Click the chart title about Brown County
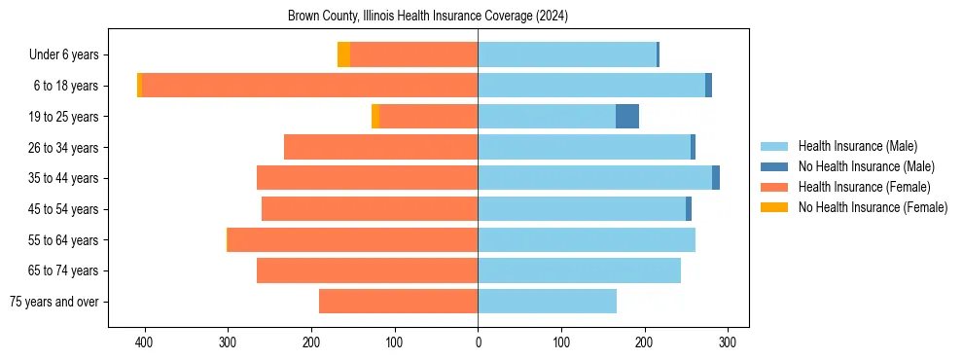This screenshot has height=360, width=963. pos(428,17)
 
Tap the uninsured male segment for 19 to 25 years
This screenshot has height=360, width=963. pos(627,117)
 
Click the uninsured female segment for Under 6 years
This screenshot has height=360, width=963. pos(343,54)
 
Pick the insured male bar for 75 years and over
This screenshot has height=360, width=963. pos(547,302)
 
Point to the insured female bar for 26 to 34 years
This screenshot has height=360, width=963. pos(352,147)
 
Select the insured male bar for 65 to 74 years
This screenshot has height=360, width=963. pos(579,270)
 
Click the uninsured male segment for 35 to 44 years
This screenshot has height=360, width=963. pos(716,178)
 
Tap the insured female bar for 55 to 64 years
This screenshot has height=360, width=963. pos(352,239)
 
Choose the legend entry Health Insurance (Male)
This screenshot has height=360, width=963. pos(857,146)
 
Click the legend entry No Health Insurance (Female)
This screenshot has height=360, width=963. pos(873,207)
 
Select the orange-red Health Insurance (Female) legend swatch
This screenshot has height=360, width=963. pos(774,187)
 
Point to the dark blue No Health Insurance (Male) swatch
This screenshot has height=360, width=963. pos(774,166)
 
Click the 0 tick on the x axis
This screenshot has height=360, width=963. pos(478,342)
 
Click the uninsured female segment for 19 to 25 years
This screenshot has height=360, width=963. pos(375,117)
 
